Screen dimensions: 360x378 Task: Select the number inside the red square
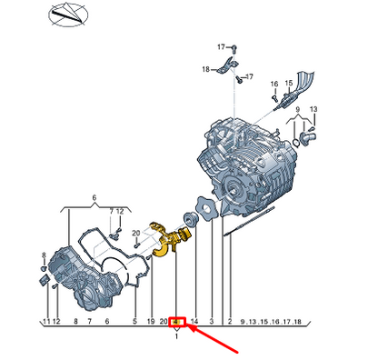coord(176,322)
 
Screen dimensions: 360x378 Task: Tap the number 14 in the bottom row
coord(194,322)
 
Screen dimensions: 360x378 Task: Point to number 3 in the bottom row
coord(212,322)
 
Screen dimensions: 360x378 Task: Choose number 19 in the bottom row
coord(150,322)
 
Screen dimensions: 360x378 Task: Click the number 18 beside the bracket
coord(205,69)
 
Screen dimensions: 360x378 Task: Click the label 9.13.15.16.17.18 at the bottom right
coord(270,322)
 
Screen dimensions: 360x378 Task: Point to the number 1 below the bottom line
coord(176,335)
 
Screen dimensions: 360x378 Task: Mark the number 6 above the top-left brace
coord(94,196)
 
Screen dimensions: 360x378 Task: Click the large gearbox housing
coord(245,155)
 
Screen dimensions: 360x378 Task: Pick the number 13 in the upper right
coord(313,109)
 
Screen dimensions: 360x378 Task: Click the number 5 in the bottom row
coord(134,322)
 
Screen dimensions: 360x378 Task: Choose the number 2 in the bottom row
coord(230,322)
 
